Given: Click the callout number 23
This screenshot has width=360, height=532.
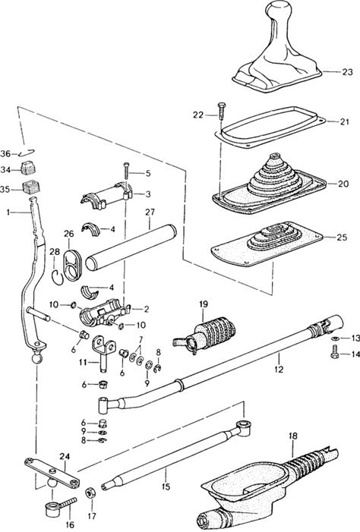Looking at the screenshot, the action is coord(347,72).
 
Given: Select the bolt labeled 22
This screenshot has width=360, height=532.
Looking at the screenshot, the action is coord(221,111).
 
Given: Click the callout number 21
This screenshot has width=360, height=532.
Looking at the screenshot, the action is coord(344,121).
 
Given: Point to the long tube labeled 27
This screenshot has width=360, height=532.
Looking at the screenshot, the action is coord(131,247).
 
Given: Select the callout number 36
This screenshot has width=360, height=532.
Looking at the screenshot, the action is coord(5,154).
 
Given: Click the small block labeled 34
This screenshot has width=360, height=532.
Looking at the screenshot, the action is coord(29,167).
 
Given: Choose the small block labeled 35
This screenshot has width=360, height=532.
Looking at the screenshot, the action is coord(30,187).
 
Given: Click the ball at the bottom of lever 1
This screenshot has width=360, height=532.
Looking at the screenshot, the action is coord(37,358).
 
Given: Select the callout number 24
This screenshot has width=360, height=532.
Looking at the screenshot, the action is coord(65,456).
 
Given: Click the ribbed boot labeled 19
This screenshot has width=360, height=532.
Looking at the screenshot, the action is coord(206,335).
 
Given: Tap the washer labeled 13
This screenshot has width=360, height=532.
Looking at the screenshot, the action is coord(335,338).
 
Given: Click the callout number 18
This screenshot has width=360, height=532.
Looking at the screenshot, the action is coord(292,436).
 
